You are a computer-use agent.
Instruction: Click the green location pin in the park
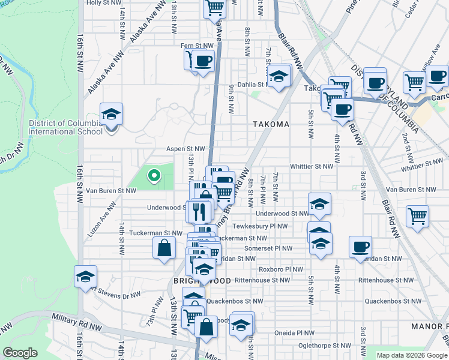coord(154,176)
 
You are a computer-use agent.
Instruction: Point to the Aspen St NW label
coord(186,149)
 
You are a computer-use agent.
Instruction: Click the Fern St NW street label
coord(197,46)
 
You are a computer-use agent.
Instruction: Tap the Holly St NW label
coord(101,2)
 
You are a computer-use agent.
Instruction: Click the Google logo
coord(20,353)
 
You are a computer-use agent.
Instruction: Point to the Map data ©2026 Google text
coord(411,355)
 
